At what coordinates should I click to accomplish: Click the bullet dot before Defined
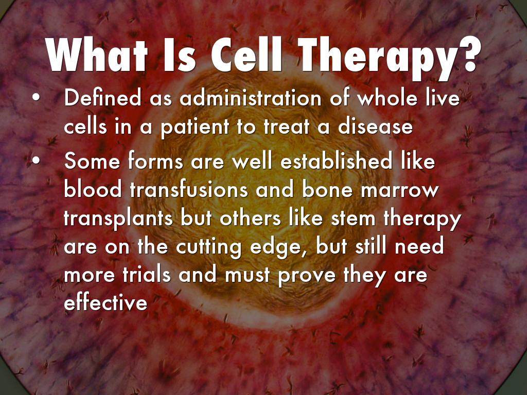click(35, 98)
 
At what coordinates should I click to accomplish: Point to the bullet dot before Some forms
click(35, 160)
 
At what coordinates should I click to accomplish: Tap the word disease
click(375, 127)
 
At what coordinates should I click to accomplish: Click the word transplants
click(118, 219)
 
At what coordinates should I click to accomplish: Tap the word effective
click(106, 302)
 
